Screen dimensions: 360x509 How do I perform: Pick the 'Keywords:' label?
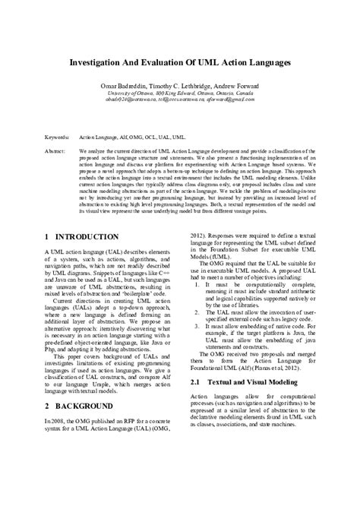[x=58, y=138]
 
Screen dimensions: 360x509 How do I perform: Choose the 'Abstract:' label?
[x=55, y=151]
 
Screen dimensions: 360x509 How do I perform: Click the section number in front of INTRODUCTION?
[x=48, y=238]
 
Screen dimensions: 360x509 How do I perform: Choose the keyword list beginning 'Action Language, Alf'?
[x=132, y=138]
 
